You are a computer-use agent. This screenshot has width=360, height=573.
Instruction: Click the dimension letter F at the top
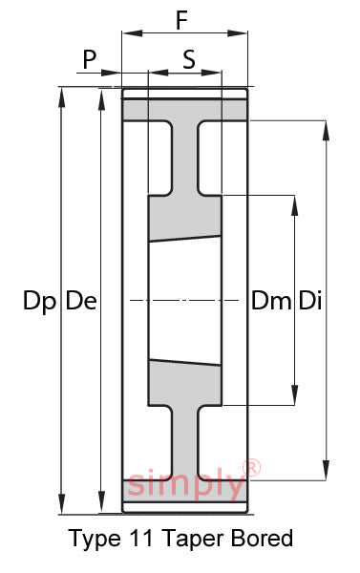point(181,20)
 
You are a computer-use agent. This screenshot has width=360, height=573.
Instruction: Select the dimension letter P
point(89,59)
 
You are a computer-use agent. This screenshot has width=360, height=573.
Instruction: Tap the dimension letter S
point(189,59)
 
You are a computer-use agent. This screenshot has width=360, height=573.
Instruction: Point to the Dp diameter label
point(39,302)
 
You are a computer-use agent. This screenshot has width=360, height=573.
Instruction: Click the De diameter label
point(81,301)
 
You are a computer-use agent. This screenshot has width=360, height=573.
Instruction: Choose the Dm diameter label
point(271,301)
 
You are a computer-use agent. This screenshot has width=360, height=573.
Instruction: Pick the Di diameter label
point(310,301)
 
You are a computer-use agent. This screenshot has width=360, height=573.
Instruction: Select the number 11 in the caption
point(140,538)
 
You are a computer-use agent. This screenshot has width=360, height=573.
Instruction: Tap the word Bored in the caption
point(262,538)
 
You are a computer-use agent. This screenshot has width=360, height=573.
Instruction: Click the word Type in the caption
point(95,540)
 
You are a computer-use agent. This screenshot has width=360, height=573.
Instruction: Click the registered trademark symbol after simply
point(252,468)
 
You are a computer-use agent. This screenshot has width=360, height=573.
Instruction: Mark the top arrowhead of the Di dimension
point(326,131)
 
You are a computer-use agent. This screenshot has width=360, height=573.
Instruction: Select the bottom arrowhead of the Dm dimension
point(294,395)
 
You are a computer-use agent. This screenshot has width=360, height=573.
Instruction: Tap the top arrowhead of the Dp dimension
point(62,97)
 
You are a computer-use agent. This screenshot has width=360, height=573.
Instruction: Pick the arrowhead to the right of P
point(111,73)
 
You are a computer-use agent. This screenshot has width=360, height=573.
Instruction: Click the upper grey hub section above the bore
point(184,218)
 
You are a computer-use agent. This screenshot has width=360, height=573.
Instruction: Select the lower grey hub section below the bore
point(184,383)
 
